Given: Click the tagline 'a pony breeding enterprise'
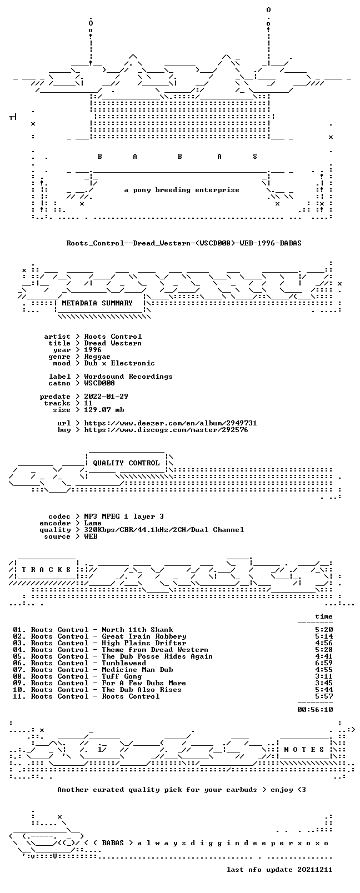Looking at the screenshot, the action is click(182, 190).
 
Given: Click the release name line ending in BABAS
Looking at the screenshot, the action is click(184, 243).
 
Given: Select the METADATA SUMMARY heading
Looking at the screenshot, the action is click(97, 303).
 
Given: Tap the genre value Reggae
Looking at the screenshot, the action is click(97, 357).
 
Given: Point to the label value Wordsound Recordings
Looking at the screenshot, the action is click(128, 377).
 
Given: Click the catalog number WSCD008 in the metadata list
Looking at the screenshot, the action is click(99, 383).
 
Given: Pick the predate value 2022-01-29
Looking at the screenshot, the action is click(106, 397).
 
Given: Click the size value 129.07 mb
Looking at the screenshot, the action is click(104, 410).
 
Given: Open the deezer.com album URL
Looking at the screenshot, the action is click(171, 423).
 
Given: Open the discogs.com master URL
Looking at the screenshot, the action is click(166, 430).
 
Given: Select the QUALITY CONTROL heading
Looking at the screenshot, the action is click(126, 463).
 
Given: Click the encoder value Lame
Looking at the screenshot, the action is click(93, 523).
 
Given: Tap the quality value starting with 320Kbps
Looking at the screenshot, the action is click(164, 530).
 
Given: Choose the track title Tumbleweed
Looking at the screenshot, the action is click(124, 663).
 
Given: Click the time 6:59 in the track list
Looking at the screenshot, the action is click(324, 663).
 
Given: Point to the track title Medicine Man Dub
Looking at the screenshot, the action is click(138, 670).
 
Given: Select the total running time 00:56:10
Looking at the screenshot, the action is click(315, 710).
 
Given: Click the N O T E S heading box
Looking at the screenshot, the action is click(304, 750).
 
